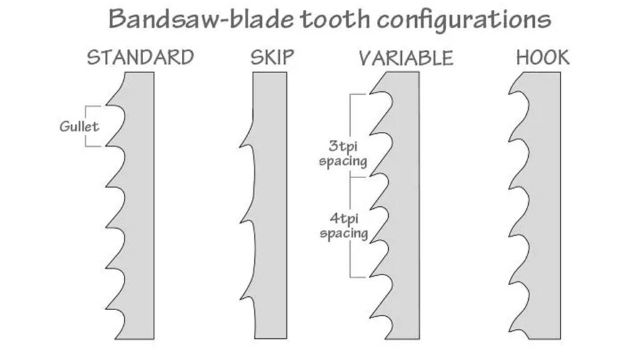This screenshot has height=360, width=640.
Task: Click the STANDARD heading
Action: (x=141, y=57)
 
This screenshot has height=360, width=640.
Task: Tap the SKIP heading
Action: (x=272, y=57)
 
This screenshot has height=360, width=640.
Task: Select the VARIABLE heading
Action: (x=406, y=58)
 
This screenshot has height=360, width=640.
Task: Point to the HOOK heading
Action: (x=542, y=57)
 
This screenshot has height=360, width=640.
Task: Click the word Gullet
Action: (x=79, y=126)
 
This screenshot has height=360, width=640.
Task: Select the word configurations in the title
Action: (x=464, y=21)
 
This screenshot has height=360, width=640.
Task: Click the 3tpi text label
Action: (x=343, y=146)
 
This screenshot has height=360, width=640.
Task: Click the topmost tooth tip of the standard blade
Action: (x=106, y=105)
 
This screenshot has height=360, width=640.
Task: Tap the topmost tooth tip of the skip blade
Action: (x=240, y=145)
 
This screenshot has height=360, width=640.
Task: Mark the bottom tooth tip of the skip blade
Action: (x=240, y=298)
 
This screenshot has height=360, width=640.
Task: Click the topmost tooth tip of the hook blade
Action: (x=509, y=94)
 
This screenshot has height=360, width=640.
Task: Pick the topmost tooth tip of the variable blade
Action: (x=370, y=94)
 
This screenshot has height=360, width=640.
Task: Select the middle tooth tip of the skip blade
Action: (x=240, y=222)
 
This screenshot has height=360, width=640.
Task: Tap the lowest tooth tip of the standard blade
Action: (x=106, y=309)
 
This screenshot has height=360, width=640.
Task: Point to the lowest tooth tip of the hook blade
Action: (x=509, y=330)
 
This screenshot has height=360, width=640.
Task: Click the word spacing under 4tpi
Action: (x=344, y=234)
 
